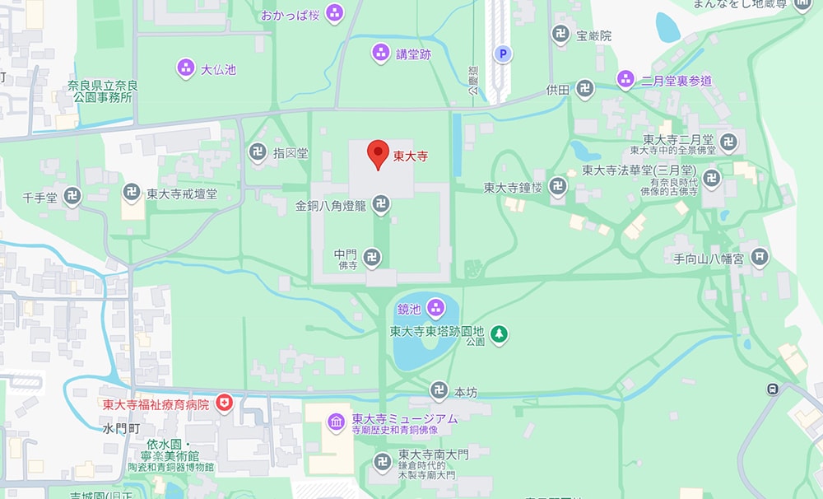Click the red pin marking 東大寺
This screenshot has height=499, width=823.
click(x=377, y=154)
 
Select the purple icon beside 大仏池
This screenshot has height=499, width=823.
click(x=186, y=69)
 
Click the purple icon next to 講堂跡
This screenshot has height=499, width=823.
click(x=380, y=54)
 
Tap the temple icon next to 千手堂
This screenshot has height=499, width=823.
click(x=73, y=196)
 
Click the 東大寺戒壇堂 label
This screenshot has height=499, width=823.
click(x=182, y=194)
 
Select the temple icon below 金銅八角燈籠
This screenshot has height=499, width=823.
click(x=380, y=203)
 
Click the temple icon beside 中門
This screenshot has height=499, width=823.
click(x=372, y=256)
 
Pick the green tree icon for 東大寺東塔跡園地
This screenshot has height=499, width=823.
click(x=499, y=333)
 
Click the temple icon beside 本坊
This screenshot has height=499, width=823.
click(x=439, y=391)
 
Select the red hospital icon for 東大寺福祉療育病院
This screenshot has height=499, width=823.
click(x=224, y=403)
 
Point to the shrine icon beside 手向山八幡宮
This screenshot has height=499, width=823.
click(x=759, y=258)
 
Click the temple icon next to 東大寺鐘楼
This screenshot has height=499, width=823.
click(x=559, y=187)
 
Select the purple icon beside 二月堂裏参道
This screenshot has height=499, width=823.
click(x=625, y=80)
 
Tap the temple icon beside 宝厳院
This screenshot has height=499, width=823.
click(x=560, y=35)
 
